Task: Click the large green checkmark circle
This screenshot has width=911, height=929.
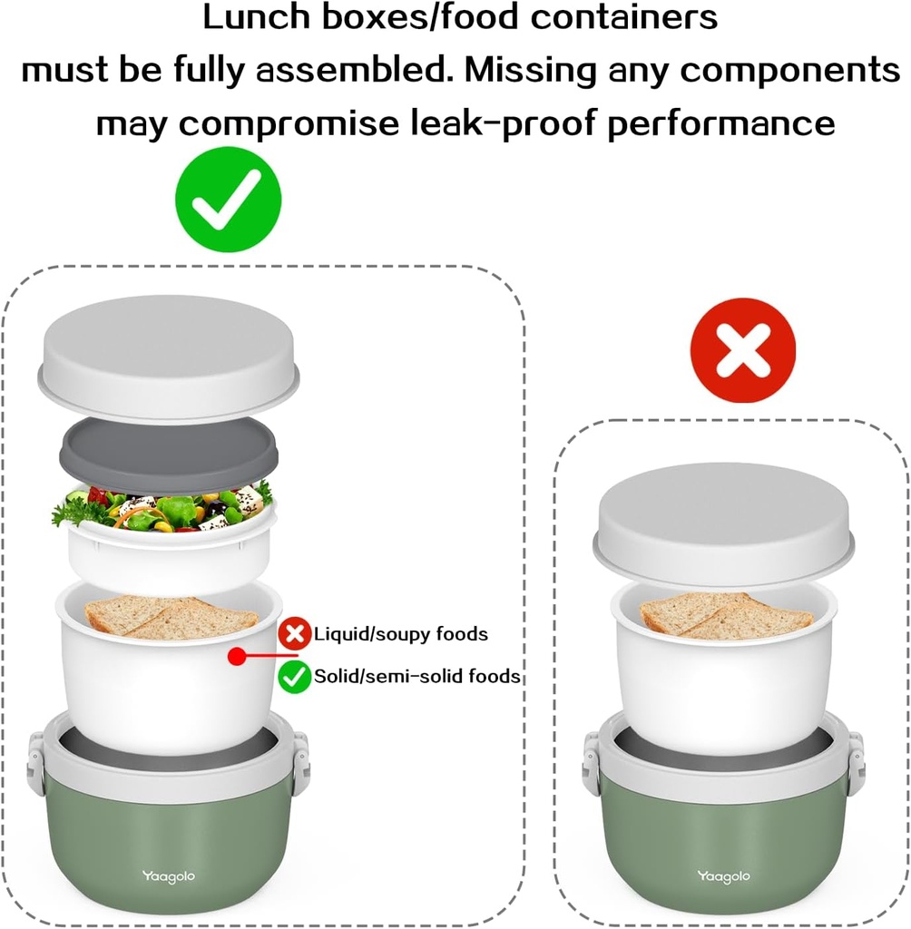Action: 228,200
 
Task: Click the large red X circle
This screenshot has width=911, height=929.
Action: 742,351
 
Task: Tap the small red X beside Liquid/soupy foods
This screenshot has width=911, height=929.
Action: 295,633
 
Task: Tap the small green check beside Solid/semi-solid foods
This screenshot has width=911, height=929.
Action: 295,677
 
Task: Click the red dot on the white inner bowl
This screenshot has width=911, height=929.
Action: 237,656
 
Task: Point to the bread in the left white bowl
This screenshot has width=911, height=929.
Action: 171,617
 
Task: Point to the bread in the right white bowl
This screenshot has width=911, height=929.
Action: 726,615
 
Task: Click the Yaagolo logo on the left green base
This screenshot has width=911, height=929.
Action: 169,877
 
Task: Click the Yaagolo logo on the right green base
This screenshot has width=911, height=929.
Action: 724,877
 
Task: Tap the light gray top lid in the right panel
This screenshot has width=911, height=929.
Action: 724,525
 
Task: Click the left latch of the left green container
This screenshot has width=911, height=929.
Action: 36,764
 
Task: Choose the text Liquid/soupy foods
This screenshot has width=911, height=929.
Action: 401,634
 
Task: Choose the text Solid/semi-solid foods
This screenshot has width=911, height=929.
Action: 417,676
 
